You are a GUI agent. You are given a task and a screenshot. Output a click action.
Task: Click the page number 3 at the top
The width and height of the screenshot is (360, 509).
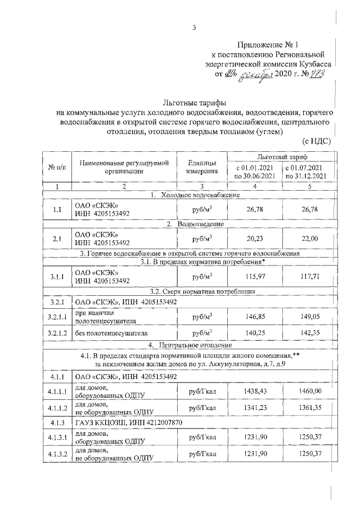click(193, 28)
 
